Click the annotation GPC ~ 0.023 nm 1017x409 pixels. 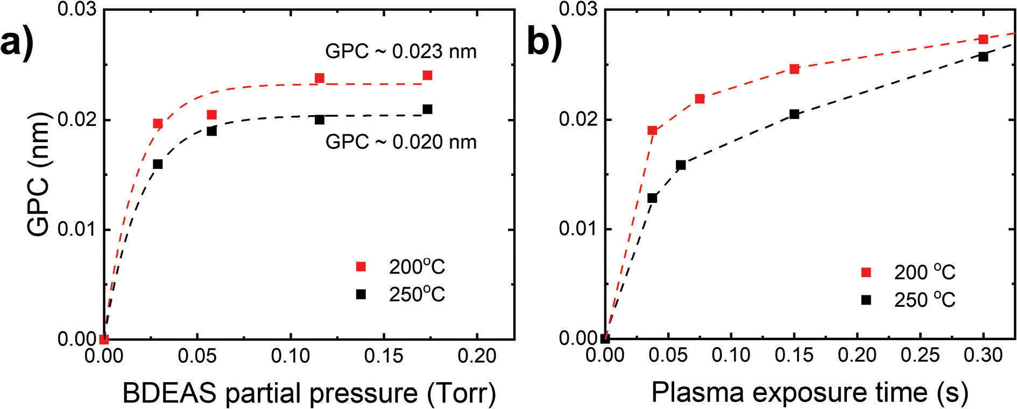(401, 52)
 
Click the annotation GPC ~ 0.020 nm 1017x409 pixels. (401, 142)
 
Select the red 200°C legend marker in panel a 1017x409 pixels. (361, 267)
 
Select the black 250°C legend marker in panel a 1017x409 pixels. (361, 294)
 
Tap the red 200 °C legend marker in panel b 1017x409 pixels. (866, 272)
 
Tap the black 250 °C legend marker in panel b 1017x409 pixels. (866, 300)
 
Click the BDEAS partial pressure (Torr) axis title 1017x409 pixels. (309, 393)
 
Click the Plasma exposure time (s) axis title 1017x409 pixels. (810, 393)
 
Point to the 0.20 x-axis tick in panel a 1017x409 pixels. (477, 356)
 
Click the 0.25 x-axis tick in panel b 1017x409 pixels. (921, 355)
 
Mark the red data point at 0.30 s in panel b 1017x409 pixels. (983, 39)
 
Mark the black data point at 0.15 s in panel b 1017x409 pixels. (794, 114)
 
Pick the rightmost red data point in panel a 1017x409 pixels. (427, 75)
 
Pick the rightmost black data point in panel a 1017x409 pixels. (427, 109)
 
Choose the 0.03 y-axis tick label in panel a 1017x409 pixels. (76, 10)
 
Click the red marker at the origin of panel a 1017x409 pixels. (104, 339)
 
